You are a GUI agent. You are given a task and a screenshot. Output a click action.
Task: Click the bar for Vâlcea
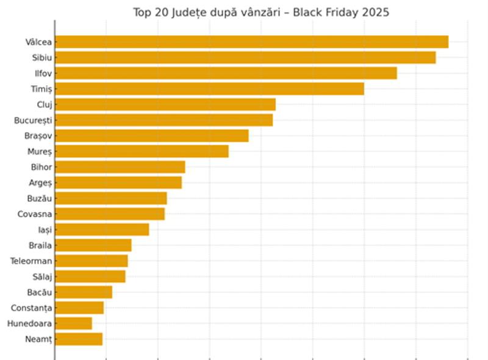tap(251, 42)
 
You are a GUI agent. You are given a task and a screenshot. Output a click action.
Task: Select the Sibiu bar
tap(245, 58)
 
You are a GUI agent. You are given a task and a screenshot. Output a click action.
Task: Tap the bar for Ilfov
tap(226, 73)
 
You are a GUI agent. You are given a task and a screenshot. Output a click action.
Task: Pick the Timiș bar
tap(209, 89)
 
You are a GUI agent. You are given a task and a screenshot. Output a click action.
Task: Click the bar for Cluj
tap(165, 105)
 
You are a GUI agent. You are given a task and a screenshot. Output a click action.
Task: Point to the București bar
tap(163, 120)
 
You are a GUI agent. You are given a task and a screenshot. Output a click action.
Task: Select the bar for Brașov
tap(152, 136)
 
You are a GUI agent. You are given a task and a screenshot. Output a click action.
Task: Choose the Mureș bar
tap(142, 151)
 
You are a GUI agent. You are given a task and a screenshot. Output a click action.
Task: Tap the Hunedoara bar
tap(73, 323)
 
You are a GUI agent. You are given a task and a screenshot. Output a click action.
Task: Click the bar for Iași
tap(102, 230)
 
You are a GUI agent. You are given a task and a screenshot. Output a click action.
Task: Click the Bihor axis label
tap(41, 167)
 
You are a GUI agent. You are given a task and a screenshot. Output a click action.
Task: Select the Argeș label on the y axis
tap(41, 183)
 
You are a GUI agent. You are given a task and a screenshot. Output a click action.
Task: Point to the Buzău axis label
tap(40, 199)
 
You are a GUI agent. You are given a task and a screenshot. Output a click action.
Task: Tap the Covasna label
tap(35, 214)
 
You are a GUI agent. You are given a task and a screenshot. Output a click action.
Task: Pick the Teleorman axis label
tap(31, 261)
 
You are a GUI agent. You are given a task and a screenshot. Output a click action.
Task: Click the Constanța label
tap(32, 308)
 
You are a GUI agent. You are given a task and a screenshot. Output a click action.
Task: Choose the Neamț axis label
tap(38, 339)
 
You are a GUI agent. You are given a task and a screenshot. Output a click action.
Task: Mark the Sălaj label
tap(42, 277)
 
